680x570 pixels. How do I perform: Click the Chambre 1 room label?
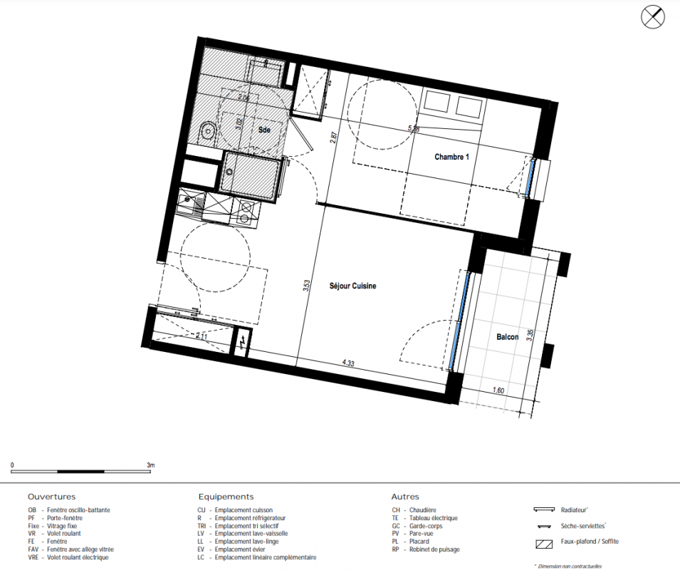coord(451,157)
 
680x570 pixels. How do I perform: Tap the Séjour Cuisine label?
coord(352,286)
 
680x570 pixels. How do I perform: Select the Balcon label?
coord(508,336)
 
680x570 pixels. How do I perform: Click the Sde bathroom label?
coord(264,130)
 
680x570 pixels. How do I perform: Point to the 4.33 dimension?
coord(348,363)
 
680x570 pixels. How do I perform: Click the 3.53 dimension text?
coord(307,285)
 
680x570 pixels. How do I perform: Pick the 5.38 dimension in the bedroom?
coord(414,128)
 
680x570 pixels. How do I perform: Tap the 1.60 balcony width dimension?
coord(498,390)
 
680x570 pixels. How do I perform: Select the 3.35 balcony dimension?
coord(530,335)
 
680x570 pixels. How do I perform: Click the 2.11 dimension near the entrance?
coord(202,336)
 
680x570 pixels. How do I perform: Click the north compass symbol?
coord(653,18)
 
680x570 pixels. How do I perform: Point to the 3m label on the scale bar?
coord(150,465)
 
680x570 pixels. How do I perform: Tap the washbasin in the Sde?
coord(207,130)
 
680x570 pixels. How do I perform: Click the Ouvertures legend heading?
coord(51,497)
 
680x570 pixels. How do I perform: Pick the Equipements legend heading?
coord(226,497)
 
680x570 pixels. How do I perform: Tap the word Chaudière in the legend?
coord(423,510)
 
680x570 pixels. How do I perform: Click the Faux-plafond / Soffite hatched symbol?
coord(544,544)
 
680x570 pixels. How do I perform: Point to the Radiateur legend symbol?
coord(544,509)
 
